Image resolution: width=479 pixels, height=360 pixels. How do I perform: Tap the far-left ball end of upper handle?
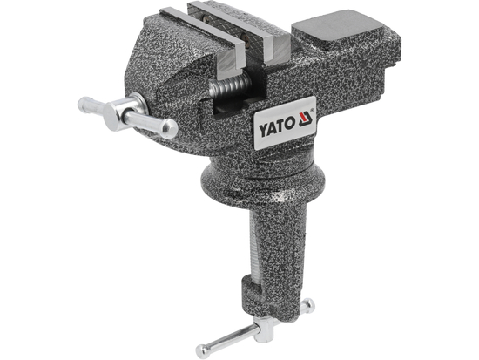pos(83,105)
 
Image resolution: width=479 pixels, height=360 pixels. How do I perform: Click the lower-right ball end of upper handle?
pos(169,131)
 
